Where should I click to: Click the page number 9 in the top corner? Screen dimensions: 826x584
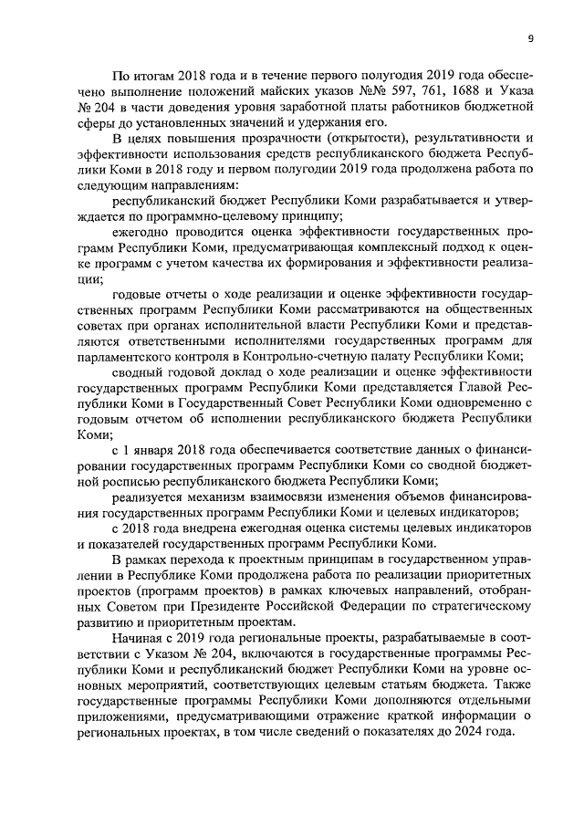point(530,37)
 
